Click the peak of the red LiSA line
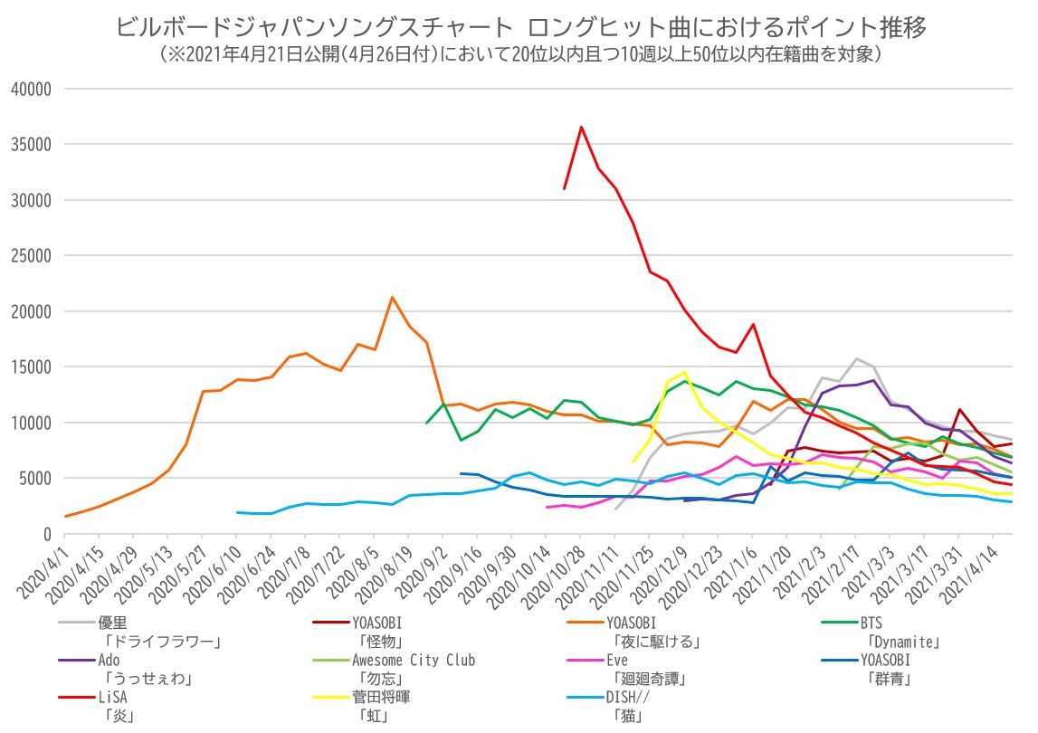[581, 127]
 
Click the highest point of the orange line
[392, 297]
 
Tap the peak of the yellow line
[685, 372]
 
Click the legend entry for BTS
[871, 623]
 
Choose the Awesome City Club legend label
[414, 661]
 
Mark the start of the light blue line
[237, 512]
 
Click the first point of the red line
[564, 188]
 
